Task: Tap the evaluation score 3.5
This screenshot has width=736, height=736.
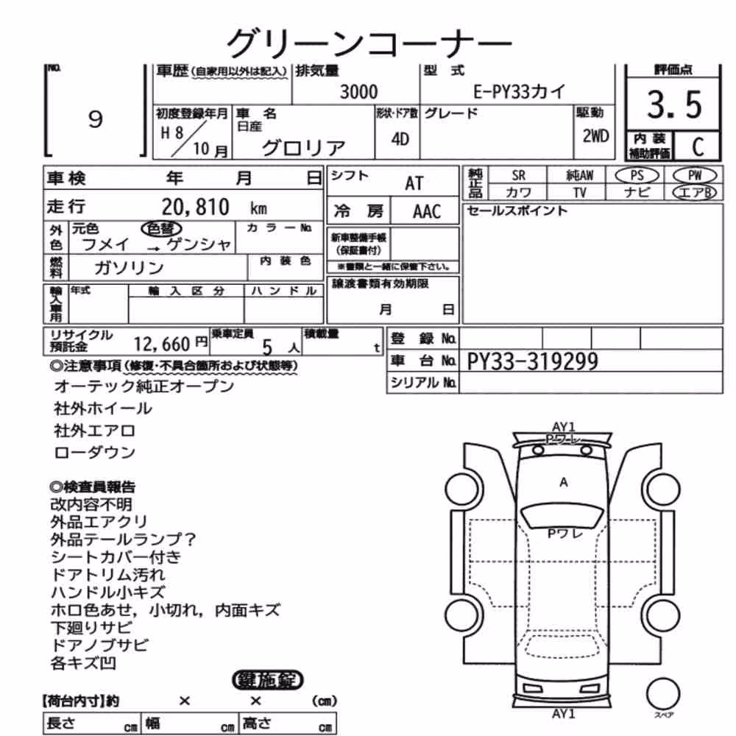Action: pos(674,105)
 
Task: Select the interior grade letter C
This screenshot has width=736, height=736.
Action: pos(698,147)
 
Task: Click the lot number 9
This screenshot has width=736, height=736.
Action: pos(95,119)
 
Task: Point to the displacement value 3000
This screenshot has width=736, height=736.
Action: pos(358,91)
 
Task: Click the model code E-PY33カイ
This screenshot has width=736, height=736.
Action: pos(519,91)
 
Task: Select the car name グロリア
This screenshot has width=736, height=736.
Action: pos(304,148)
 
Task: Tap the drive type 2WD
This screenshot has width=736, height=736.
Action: pos(595,136)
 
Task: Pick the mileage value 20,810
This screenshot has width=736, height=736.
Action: pos(195,207)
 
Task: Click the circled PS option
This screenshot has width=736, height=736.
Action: pos(637,176)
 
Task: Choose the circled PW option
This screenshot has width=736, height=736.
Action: pos(695,176)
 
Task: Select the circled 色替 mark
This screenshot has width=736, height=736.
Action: pos(161,229)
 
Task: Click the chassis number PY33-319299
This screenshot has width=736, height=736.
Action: pos(532,361)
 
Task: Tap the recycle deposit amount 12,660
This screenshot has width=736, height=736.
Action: pos(162,344)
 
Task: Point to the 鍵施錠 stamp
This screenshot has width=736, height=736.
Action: pos(268,680)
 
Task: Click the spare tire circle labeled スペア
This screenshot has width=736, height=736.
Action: pos(663,694)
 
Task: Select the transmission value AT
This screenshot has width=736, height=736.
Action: pos(414,183)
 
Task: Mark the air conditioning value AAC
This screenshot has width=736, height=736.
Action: pos(427,212)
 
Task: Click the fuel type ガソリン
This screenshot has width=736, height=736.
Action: pos(129,268)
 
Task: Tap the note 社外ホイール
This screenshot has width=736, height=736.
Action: pos(103,408)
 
